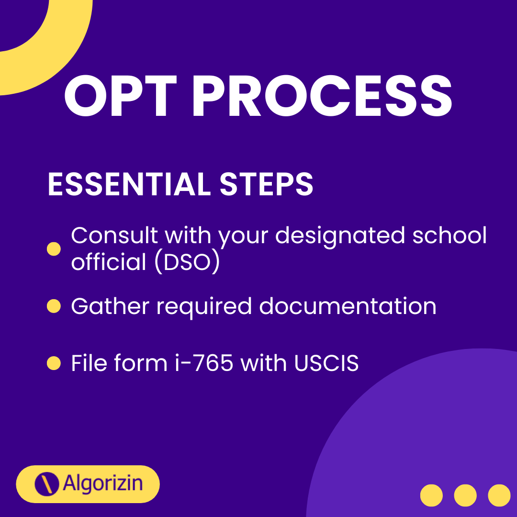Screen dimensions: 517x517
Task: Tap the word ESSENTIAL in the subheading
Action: [129, 184]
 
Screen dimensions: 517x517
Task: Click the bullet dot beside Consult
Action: [54, 249]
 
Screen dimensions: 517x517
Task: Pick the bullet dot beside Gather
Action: [54, 306]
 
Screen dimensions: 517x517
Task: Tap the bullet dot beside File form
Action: [54, 363]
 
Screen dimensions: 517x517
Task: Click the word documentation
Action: [348, 306]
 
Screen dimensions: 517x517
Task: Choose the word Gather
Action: [110, 306]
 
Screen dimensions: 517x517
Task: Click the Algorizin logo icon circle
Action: [47, 483]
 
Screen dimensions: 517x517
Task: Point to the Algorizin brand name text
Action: [103, 483]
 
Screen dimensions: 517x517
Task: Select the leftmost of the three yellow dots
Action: [431, 495]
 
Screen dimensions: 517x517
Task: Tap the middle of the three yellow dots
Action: [465, 495]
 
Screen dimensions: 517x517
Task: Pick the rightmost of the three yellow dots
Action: [499, 495]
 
